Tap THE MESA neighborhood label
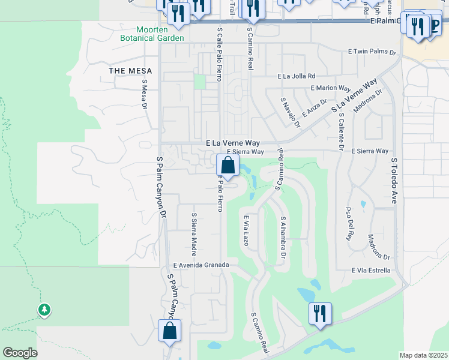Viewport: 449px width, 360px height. (130, 71)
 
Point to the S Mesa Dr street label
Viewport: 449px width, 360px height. (145, 94)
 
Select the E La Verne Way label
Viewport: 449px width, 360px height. (233, 143)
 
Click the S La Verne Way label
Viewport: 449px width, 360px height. (355, 95)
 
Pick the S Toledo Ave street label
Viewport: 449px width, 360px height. (394, 181)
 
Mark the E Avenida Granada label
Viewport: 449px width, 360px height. (201, 265)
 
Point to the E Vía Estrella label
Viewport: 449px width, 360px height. (371, 271)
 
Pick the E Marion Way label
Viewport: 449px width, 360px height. (331, 88)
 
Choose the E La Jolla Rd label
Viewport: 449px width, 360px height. (296, 76)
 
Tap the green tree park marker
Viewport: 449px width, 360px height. (44, 310)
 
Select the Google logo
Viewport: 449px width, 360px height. (20, 353)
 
